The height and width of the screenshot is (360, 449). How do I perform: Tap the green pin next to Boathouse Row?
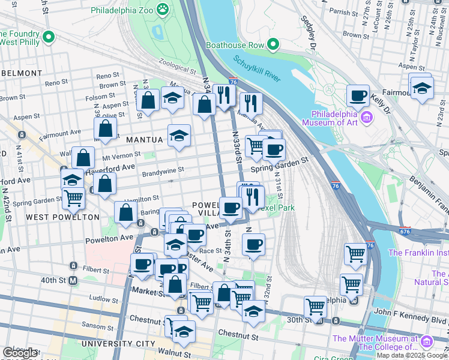click(273, 44)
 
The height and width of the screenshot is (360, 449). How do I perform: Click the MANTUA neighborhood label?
click(145, 139)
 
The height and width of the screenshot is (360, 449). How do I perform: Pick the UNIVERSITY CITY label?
click(115, 344)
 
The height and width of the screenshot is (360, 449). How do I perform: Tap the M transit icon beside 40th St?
click(73, 280)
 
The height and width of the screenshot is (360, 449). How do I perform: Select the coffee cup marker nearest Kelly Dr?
click(358, 95)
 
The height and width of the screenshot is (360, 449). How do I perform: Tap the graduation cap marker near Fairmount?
click(422, 88)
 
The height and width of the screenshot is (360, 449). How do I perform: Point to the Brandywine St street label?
click(163, 172)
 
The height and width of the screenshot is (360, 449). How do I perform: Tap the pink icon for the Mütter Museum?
click(427, 341)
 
